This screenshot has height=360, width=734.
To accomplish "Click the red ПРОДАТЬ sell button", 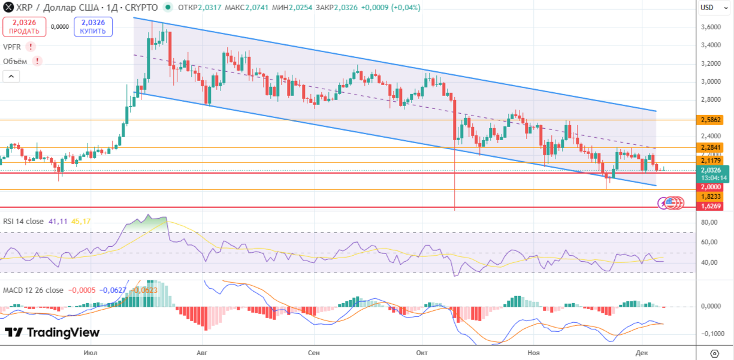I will coord(24,27).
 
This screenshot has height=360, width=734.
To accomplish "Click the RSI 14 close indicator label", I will coord(23,221).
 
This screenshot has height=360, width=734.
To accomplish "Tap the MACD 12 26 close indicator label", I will coord(33,290).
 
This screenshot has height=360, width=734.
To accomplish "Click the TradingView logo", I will coord(52,332).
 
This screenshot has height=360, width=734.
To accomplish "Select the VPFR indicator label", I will coord(12,47).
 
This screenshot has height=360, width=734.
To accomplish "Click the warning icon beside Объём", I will coord(37,61).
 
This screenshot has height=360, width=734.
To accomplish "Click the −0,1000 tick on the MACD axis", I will coord(709,334).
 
